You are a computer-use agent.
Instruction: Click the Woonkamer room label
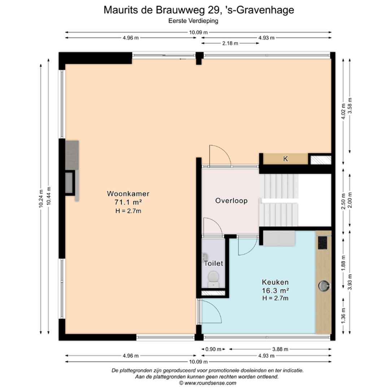pyautogui.click(x=128, y=194)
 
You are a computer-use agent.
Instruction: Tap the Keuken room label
pyautogui.click(x=275, y=282)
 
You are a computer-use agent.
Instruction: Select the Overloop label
pyautogui.click(x=231, y=201)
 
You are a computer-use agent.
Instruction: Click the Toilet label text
pyautogui.click(x=213, y=263)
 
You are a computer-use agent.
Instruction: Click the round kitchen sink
pyautogui.click(x=324, y=286)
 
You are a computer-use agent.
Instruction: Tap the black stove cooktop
pyautogui.click(x=322, y=243)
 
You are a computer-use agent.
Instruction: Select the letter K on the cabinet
pyautogui.click(x=286, y=159)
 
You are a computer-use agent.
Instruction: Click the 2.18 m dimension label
pyautogui.click(x=230, y=43)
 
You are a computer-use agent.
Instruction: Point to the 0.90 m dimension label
pyautogui.click(x=213, y=349)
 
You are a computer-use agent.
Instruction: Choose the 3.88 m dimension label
pyautogui.click(x=280, y=349)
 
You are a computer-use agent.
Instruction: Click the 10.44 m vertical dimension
pyautogui.click(x=49, y=196)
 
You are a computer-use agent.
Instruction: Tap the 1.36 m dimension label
pyautogui.click(x=343, y=316)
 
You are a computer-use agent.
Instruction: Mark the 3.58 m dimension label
pyautogui.click(x=350, y=105)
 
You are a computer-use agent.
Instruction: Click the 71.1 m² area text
pyautogui.click(x=128, y=202)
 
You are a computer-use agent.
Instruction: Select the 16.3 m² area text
pyautogui.click(x=275, y=290)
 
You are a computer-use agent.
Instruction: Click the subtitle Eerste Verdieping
pyautogui.click(x=193, y=21)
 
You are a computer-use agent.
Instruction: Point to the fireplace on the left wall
pyautogui.click(x=70, y=183)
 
